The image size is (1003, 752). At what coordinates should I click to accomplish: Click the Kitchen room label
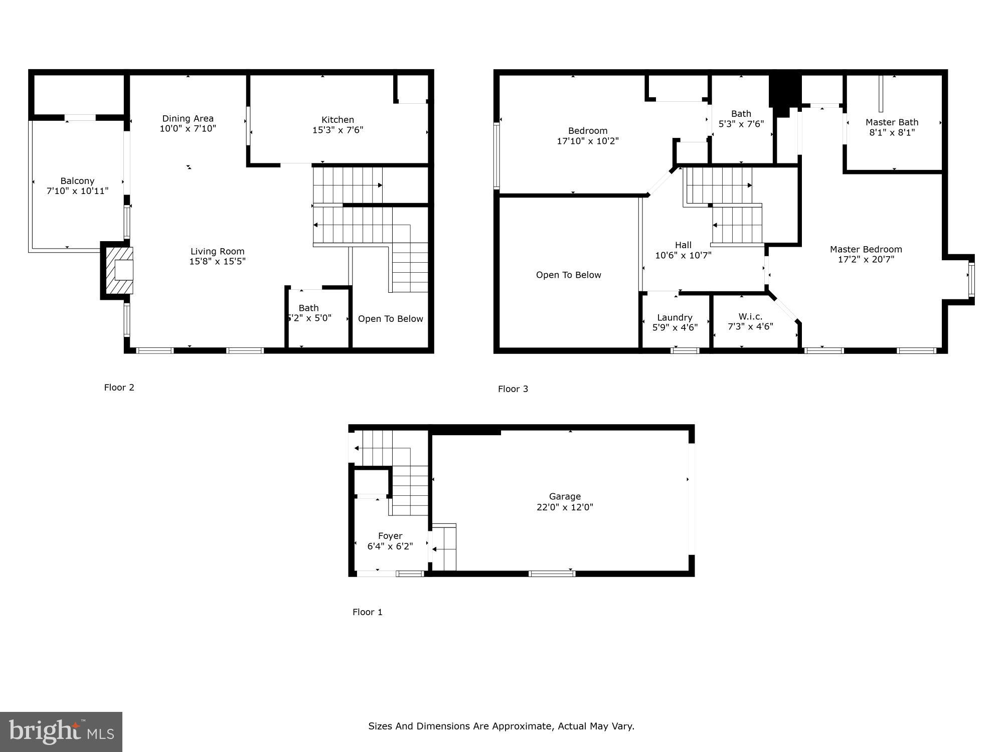coord(338,119)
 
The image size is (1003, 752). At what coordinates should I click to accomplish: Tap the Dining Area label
coord(188,118)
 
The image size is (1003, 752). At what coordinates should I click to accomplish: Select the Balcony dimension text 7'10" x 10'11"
coord(77,191)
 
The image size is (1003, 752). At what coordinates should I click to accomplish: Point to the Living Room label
coord(217,251)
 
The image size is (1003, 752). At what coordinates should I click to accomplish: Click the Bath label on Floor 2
coord(308,308)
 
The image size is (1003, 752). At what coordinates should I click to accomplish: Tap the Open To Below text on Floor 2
coord(390,319)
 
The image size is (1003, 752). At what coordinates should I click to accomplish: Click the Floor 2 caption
coord(119,388)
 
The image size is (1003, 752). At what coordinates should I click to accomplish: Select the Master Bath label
coord(892,122)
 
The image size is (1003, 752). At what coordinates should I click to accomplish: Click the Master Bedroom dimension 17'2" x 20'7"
coord(866,260)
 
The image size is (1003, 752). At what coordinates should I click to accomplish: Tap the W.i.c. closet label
coord(750,316)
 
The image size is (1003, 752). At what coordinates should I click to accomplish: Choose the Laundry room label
coord(675,317)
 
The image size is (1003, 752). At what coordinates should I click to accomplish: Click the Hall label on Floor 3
coord(683,245)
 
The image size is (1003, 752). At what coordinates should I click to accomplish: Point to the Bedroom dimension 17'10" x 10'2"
coord(588,141)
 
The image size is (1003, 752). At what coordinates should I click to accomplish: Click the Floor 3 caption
coord(513,389)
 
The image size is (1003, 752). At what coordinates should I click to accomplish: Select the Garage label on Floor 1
coord(565,496)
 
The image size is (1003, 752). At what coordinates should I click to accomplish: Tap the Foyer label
coord(390,536)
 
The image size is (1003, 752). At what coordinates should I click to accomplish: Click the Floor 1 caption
coord(367,612)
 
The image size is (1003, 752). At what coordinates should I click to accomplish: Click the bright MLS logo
coord(61,731)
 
